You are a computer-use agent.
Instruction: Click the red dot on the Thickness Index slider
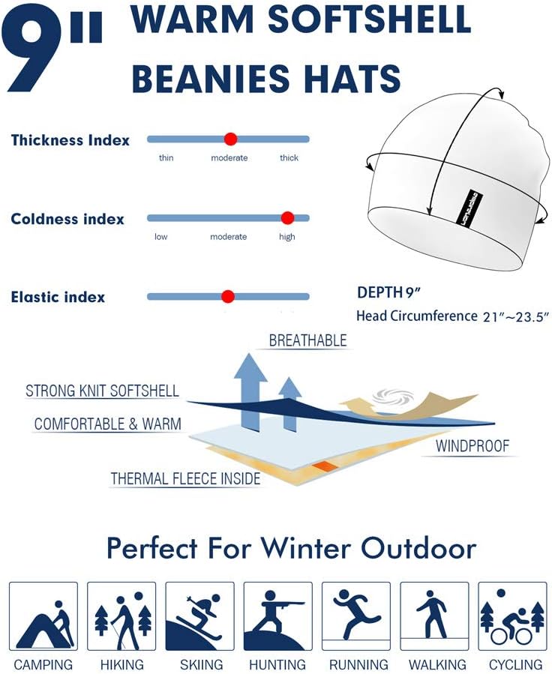pos(230,139)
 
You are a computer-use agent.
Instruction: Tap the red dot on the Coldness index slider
pos(286,218)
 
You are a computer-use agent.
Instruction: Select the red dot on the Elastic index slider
pos(228,296)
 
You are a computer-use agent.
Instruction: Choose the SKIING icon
pos(199,616)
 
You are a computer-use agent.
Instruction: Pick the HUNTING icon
pos(277,616)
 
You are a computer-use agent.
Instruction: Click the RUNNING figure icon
pos(355,616)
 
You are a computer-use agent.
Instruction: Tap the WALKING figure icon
pos(433,616)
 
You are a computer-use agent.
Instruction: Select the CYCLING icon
pos(512,616)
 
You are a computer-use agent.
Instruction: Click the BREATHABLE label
pos(307,340)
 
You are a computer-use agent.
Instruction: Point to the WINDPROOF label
pos(473,447)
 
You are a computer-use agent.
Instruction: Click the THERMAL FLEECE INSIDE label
pos(185,478)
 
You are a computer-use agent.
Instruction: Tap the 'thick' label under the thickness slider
pos(289,158)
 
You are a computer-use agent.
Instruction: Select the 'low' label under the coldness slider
pos(161,237)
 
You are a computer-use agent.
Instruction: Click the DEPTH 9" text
pos(386,292)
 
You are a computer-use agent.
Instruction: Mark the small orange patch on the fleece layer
pos(325,466)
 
